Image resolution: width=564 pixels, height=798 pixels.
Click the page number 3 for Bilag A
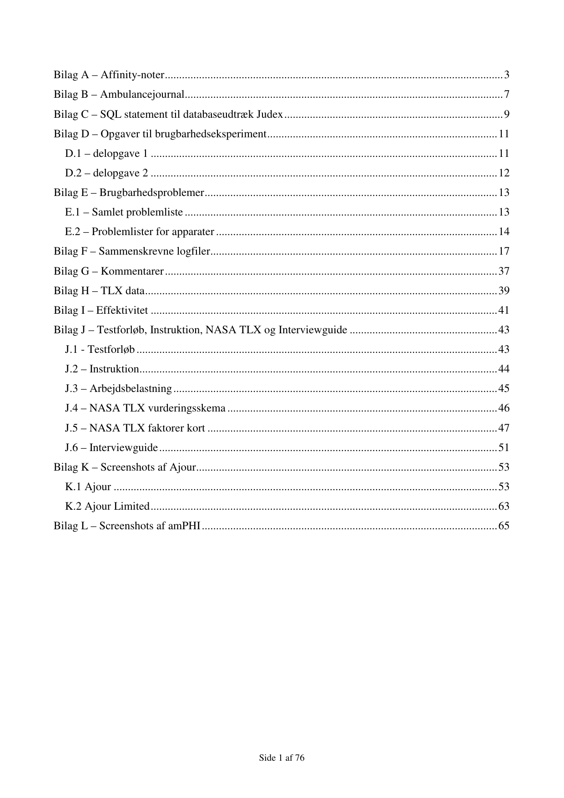[x=506, y=75]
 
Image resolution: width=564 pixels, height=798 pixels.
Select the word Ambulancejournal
[x=142, y=95]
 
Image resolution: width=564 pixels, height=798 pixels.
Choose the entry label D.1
[x=73, y=153]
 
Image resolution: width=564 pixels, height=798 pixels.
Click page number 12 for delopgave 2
[x=504, y=173]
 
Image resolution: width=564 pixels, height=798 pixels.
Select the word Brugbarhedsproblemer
[x=151, y=192]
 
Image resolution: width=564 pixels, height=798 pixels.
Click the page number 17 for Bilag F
[x=504, y=251]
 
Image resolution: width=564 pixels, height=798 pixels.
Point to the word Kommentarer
[x=132, y=271]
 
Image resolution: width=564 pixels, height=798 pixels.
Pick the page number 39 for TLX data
[x=504, y=291]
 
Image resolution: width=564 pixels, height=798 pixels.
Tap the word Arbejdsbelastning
[x=131, y=388]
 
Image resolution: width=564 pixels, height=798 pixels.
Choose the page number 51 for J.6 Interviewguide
[x=504, y=447]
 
